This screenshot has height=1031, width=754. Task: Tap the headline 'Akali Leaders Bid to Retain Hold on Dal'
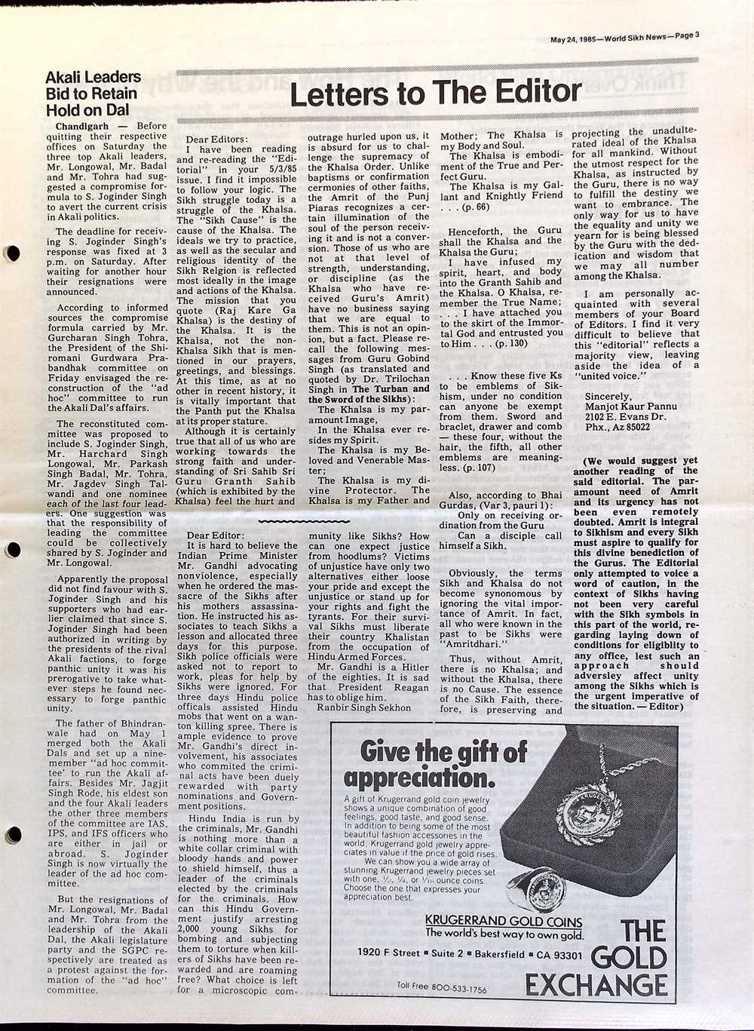click(x=93, y=94)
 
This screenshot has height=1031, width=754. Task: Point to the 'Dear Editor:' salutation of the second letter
click(x=215, y=535)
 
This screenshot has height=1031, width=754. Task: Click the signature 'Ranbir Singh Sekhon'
click(x=363, y=707)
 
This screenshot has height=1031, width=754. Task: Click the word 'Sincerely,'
click(x=608, y=396)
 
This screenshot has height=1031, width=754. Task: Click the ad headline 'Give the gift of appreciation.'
click(x=435, y=764)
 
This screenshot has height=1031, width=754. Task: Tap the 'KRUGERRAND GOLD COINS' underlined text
click(x=504, y=921)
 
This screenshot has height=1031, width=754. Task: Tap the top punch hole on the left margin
click(x=11, y=253)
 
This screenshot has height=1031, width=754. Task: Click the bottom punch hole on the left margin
click(x=11, y=835)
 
